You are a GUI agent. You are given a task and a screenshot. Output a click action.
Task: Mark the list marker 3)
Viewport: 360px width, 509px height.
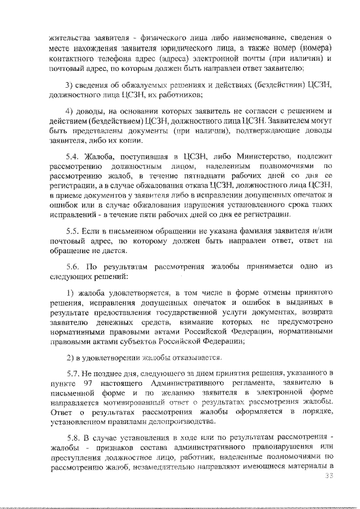70,84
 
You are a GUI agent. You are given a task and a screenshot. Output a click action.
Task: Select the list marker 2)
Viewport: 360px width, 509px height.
70,357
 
